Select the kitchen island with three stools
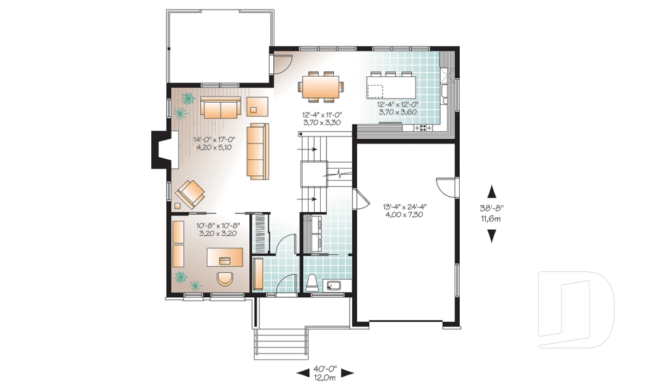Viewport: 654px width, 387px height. click(390, 86)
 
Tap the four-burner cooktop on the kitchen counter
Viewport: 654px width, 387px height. click(422, 127)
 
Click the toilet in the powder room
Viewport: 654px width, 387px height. click(312, 282)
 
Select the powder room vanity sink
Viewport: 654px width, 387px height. click(334, 284)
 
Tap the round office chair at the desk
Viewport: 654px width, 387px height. click(224, 280)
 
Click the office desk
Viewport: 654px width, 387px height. click(225, 256)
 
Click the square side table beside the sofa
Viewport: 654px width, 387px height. click(258, 105)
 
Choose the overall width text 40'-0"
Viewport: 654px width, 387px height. click(324, 368)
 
